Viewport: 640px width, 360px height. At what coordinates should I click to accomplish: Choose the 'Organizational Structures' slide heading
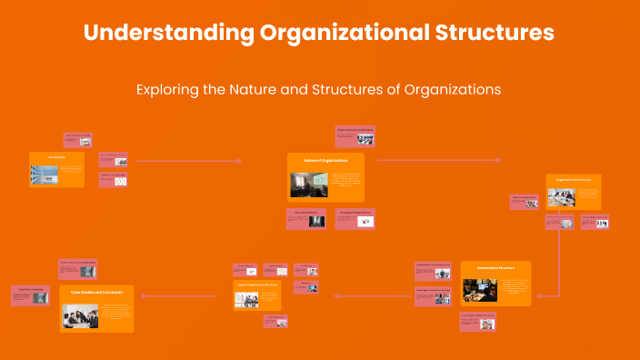coord(574,180)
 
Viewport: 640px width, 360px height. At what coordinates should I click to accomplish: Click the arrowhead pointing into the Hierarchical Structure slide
coord(537,294)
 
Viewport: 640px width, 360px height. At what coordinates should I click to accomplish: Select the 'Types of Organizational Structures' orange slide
coord(257,295)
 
